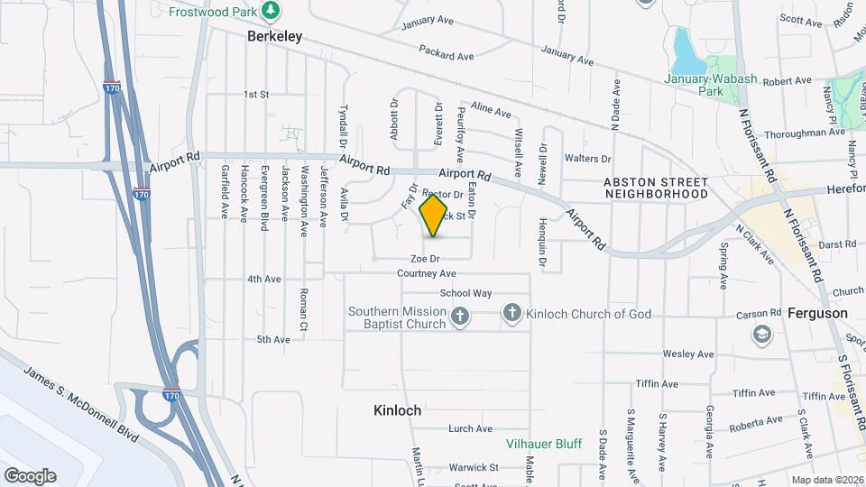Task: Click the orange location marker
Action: click(434, 216)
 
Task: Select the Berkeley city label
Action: click(275, 37)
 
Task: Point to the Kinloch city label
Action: click(398, 410)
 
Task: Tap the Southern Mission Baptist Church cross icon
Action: click(460, 316)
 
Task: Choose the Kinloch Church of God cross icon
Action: click(511, 313)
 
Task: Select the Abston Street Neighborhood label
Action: click(656, 188)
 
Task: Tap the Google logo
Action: click(30, 475)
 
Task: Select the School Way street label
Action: click(465, 293)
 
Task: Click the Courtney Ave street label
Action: click(427, 273)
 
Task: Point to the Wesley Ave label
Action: click(682, 354)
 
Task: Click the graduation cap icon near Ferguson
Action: click(763, 335)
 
